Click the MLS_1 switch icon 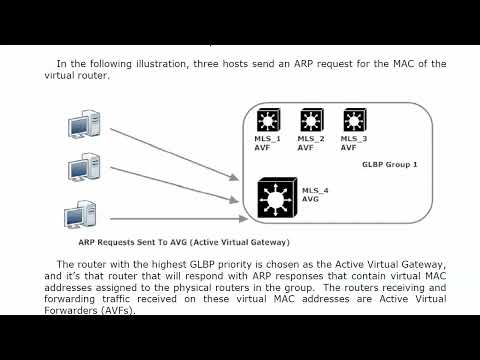click(x=268, y=120)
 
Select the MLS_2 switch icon click(x=310, y=120)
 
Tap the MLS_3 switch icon click(x=354, y=120)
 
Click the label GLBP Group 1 click(x=388, y=163)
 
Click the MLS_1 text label click(x=268, y=139)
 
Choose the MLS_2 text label click(x=311, y=139)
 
